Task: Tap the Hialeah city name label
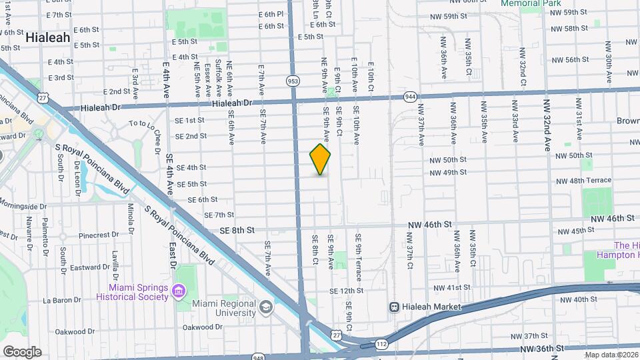point(47,38)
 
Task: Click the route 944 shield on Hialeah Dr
point(410,97)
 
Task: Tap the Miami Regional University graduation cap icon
point(266,307)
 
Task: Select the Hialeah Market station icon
point(395,307)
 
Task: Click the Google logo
point(23,351)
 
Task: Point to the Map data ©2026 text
point(611,355)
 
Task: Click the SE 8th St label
point(236,230)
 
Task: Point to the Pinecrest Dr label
point(98,235)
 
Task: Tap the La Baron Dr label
point(61,300)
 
